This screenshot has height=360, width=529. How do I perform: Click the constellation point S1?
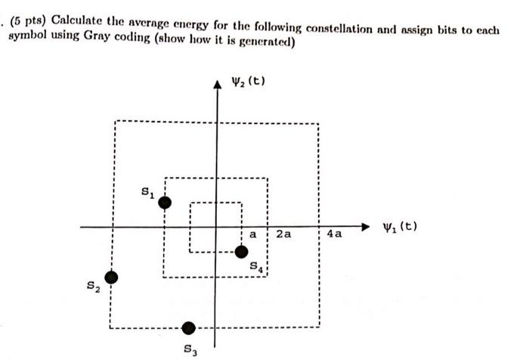click(164, 202)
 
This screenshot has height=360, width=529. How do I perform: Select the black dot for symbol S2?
click(111, 278)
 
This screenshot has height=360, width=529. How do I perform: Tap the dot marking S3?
click(189, 327)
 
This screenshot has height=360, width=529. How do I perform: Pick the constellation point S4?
click(242, 252)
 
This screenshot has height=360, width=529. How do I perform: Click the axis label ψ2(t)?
click(249, 82)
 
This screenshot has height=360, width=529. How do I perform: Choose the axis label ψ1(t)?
click(401, 227)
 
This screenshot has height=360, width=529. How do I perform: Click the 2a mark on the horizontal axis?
click(283, 234)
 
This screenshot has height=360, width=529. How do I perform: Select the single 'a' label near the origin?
click(253, 234)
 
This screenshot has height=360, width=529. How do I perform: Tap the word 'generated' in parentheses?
click(261, 42)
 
